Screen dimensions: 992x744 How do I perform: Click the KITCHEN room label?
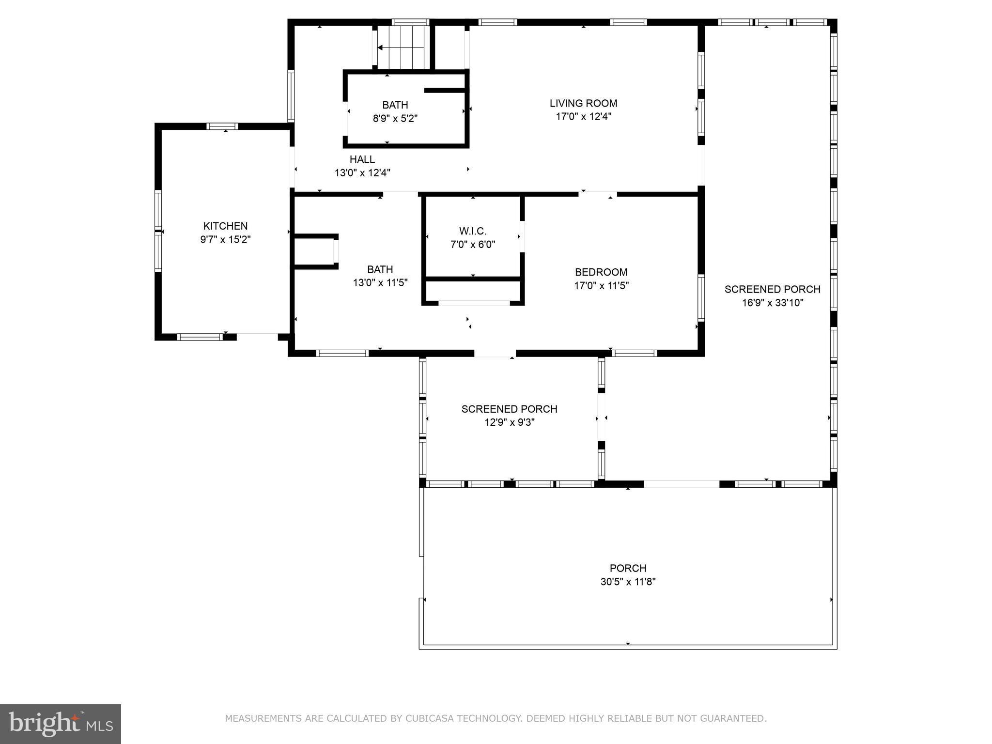click(x=225, y=226)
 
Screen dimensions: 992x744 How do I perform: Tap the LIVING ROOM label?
click(x=583, y=103)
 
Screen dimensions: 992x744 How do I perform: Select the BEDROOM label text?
click(x=601, y=272)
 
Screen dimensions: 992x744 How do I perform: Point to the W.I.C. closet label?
click(x=473, y=231)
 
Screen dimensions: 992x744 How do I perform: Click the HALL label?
click(x=362, y=159)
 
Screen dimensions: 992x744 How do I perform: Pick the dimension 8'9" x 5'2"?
click(x=395, y=118)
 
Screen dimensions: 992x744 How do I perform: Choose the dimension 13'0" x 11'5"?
click(x=380, y=282)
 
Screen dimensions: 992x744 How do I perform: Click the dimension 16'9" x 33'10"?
click(x=773, y=303)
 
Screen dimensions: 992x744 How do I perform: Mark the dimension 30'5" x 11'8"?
click(x=628, y=582)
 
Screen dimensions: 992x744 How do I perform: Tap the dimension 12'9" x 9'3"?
click(x=510, y=422)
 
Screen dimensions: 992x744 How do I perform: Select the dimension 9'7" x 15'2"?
click(x=226, y=239)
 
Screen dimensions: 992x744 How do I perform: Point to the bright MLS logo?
click(x=61, y=724)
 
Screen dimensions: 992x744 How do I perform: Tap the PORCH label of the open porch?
click(x=628, y=568)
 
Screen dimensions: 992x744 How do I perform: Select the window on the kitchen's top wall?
click(x=222, y=126)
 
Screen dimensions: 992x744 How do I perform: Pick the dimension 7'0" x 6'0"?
click(x=473, y=245)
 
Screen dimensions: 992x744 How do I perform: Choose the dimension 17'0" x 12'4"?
click(x=583, y=117)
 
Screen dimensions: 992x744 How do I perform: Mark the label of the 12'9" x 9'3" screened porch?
click(x=510, y=409)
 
